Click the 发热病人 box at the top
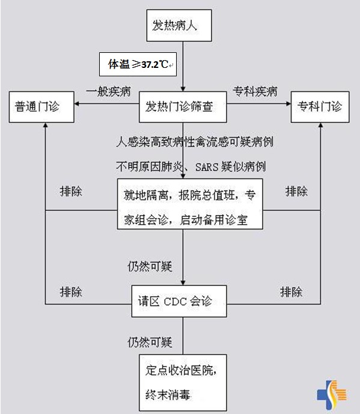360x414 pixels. pos(179,25)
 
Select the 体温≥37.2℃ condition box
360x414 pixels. pos(138,64)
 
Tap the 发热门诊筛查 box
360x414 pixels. pos(183,107)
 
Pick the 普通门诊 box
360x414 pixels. pos(41,107)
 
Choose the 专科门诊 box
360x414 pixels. pos(320,107)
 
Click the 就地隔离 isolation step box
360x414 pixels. pos(190,204)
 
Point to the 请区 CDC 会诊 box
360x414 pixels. pos(179,301)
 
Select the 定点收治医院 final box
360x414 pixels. pos(183,383)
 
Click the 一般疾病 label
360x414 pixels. pos(108,91)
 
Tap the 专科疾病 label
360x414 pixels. pos(255,91)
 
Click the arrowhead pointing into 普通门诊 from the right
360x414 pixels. pos(76,103)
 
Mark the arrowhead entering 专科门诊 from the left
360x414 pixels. pos(288,103)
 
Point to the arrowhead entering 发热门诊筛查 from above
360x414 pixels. pos(183,89)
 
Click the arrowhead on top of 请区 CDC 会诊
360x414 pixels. pos(183,283)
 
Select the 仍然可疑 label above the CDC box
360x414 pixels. pos(150,267)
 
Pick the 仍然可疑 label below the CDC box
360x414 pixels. pos(150,342)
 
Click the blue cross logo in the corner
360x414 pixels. pos(332,394)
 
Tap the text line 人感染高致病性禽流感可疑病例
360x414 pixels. pos(195,142)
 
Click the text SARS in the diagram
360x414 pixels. pos(207,167)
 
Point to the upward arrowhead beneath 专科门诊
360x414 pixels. pos(321,125)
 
